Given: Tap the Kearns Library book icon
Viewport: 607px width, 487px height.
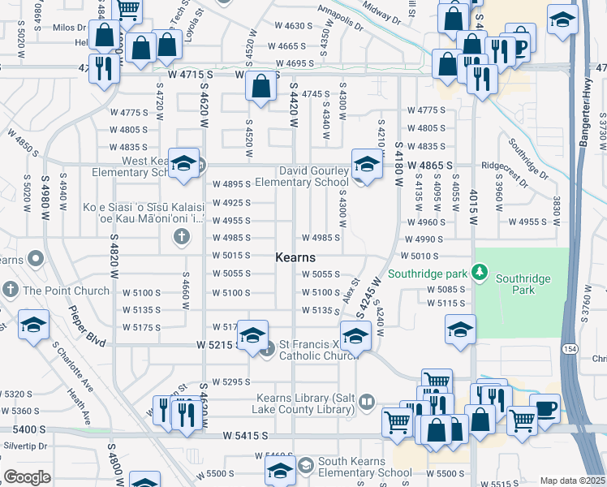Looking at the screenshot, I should tap(367, 400).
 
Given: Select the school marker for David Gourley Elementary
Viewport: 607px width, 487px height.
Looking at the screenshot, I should tap(366, 165).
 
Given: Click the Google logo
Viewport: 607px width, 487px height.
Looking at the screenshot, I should tap(27, 477).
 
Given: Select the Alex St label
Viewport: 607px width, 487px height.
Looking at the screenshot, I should tap(351, 288).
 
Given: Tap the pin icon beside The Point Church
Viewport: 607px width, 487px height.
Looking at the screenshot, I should tap(11, 290).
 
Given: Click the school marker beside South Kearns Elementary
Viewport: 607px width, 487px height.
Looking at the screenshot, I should tap(280, 468).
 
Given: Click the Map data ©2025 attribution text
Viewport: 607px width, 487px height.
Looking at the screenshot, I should tap(573, 481).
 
